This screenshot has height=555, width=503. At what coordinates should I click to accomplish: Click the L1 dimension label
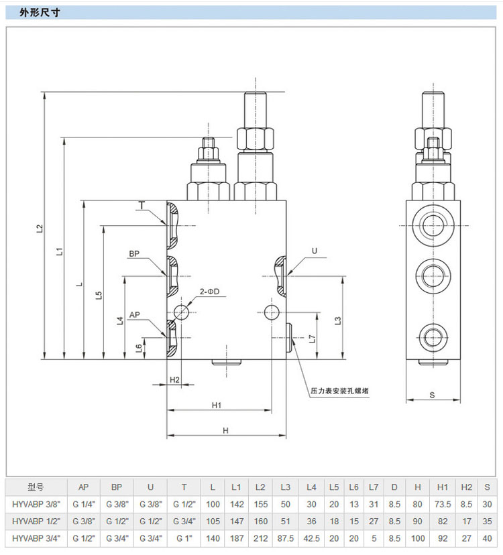click(x=60, y=251)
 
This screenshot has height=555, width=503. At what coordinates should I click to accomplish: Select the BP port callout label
click(x=134, y=254)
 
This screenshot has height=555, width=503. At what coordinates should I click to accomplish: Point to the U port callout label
click(x=314, y=251)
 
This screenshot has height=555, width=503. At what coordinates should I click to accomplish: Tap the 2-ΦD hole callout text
click(x=209, y=292)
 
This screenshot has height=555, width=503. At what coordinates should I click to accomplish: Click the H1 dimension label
click(x=217, y=405)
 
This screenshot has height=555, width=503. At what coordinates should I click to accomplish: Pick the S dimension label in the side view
click(x=433, y=395)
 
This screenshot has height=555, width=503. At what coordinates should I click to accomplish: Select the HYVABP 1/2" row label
click(x=36, y=520)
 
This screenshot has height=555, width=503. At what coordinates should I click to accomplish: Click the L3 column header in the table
click(x=285, y=487)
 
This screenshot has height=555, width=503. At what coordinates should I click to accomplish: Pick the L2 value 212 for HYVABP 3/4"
click(x=260, y=537)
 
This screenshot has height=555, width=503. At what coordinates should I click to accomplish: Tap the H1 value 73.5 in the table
click(x=443, y=503)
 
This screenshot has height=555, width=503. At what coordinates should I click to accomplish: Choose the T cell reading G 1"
click(x=184, y=537)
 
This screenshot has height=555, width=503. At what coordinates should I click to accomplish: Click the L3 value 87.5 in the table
click(x=285, y=537)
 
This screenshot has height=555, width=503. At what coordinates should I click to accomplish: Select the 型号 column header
click(x=36, y=487)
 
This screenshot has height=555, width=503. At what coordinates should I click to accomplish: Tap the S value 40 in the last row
click(x=488, y=537)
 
